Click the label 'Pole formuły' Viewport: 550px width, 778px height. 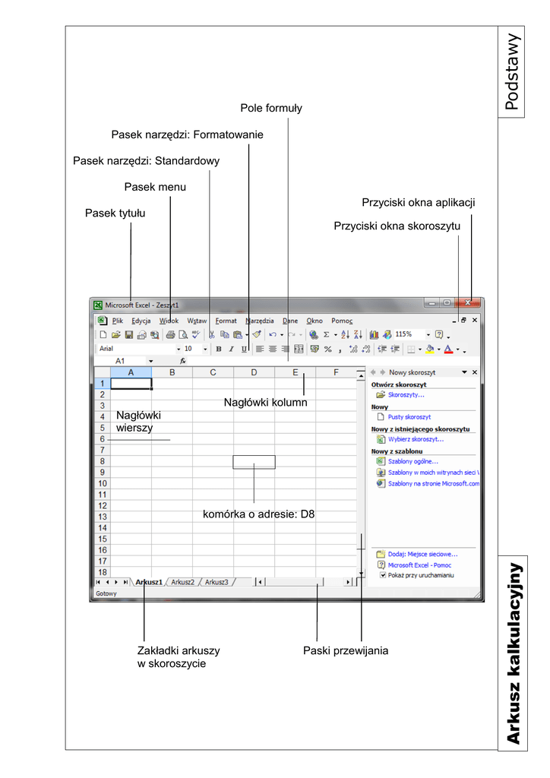[x=271, y=109]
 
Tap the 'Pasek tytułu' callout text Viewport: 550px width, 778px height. [x=115, y=213]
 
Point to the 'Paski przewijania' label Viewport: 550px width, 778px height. [x=346, y=650]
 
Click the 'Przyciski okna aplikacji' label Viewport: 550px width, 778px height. [x=419, y=203]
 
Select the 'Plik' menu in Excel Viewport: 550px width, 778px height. [x=118, y=321]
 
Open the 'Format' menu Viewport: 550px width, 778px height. [x=226, y=321]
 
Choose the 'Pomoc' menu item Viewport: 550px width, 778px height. [x=341, y=321]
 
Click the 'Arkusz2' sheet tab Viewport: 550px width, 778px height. [x=182, y=582]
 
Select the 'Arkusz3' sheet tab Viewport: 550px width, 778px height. [x=217, y=582]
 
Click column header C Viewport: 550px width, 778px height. [x=213, y=372]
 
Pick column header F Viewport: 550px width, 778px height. [x=336, y=372]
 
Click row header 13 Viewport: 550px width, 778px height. [x=102, y=517]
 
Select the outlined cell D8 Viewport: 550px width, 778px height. [x=254, y=462]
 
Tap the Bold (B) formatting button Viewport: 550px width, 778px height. [x=218, y=349]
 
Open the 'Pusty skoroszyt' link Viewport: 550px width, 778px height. [x=409, y=417]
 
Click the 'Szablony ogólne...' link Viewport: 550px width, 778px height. [x=412, y=461]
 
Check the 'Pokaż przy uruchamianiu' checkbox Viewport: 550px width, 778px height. [x=384, y=576]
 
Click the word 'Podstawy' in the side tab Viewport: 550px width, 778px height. [x=513, y=71]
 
